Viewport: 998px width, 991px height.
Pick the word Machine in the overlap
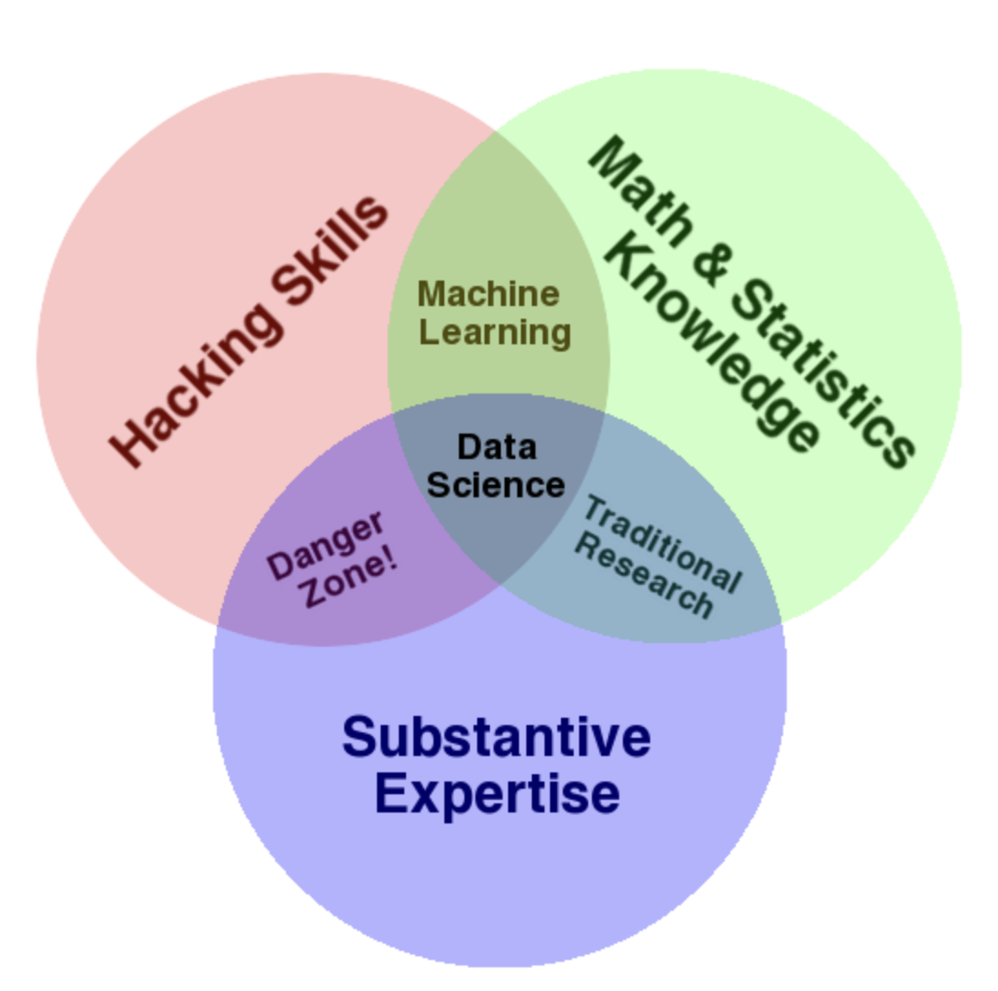coord(488,294)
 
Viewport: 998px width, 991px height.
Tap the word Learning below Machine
coord(494,332)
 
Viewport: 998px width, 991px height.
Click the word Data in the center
coord(496,447)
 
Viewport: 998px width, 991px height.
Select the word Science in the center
coord(495,485)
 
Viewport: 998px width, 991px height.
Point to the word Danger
coord(326,546)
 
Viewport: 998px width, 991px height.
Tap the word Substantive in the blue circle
coord(496,737)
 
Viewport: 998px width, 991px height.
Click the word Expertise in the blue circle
coord(497,793)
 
